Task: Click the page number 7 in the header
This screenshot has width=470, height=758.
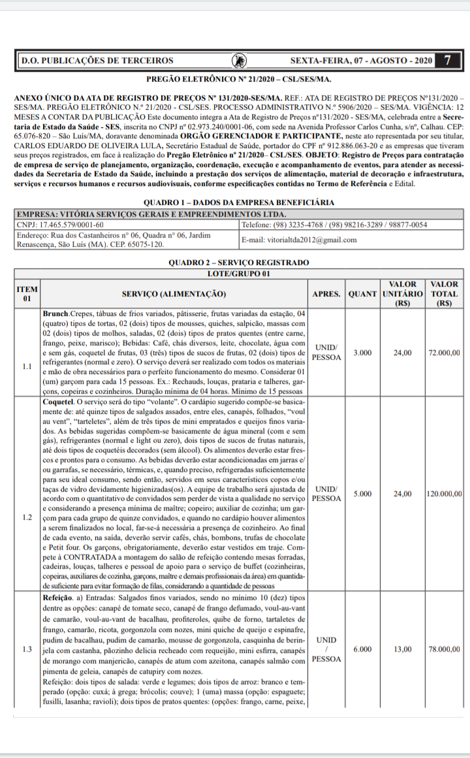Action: tap(447, 61)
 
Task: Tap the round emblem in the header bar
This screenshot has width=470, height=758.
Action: tap(239, 61)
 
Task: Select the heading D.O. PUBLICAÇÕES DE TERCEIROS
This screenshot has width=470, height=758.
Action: tap(97, 61)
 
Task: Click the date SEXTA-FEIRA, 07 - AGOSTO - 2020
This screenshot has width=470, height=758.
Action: tap(361, 61)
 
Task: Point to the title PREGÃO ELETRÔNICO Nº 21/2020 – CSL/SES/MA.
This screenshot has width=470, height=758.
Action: tap(239, 79)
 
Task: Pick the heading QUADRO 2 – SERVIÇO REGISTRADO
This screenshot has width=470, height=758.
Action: tap(239, 262)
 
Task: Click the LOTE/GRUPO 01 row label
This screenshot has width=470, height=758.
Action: tap(239, 273)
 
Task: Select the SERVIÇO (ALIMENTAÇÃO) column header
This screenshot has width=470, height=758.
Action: tap(174, 293)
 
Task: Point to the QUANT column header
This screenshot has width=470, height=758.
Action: tap(362, 293)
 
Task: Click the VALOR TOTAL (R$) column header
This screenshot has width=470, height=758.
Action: tap(445, 293)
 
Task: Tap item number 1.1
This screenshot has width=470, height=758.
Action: tap(27, 366)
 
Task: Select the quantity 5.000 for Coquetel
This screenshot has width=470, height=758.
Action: tap(362, 494)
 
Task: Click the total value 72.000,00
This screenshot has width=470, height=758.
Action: tap(445, 353)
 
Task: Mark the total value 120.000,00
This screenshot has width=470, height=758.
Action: tap(445, 494)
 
